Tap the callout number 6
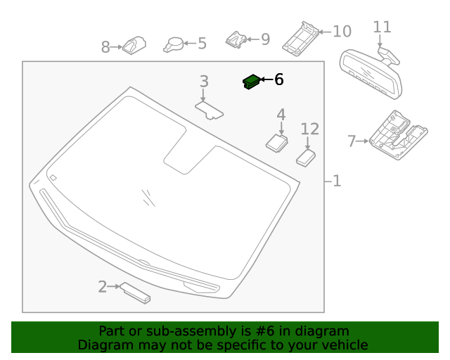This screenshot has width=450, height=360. [x=278, y=80]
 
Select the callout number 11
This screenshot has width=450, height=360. [x=382, y=27]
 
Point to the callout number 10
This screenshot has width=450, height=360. [x=342, y=32]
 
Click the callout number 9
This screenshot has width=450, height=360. [x=265, y=39]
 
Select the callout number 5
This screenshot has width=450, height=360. [x=202, y=44]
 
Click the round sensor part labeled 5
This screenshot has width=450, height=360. [x=174, y=44]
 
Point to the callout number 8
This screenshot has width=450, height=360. [x=105, y=48]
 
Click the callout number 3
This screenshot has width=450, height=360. [x=204, y=82]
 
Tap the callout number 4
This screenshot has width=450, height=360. [x=281, y=115]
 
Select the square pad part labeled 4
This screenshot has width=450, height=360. [x=276, y=141]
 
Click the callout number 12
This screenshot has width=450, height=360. [x=310, y=129]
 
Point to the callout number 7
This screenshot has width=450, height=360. [x=352, y=141]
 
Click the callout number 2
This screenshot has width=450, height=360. [x=103, y=287]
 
